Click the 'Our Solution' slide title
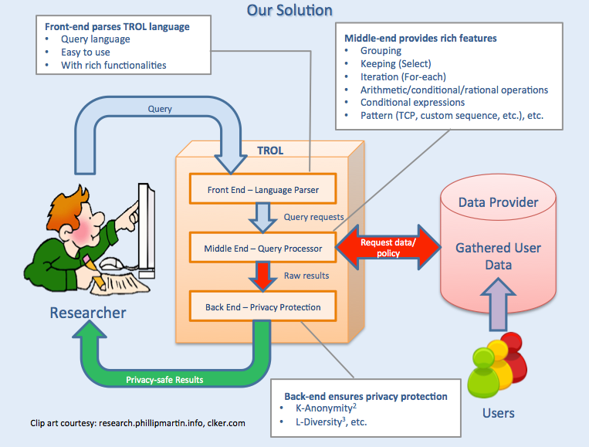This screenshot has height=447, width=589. pyautogui.click(x=289, y=10)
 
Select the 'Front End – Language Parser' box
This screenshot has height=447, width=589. pyautogui.click(x=262, y=189)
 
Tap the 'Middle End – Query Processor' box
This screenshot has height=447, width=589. pyautogui.click(x=262, y=248)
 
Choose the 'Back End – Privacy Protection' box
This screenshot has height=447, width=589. pyautogui.click(x=262, y=306)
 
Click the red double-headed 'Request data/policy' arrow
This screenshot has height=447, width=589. pyautogui.click(x=388, y=248)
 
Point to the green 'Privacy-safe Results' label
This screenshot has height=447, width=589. pyautogui.click(x=164, y=380)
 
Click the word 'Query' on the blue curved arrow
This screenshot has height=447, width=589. pyautogui.click(x=160, y=109)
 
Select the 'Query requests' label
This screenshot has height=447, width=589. pyautogui.click(x=313, y=217)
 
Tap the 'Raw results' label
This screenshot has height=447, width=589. pyautogui.click(x=306, y=276)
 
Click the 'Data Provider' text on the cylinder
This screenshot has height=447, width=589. pyautogui.click(x=498, y=202)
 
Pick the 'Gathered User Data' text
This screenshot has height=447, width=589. pyautogui.click(x=498, y=256)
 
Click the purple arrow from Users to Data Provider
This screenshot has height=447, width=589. pyautogui.click(x=498, y=304)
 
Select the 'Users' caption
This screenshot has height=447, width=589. pyautogui.click(x=499, y=413)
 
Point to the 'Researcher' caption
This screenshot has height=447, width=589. pyautogui.click(x=88, y=313)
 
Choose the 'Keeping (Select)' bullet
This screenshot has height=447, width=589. pyautogui.click(x=395, y=64)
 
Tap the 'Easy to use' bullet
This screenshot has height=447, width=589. pyautogui.click(x=86, y=52)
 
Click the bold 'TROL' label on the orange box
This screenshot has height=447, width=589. pyautogui.click(x=270, y=151)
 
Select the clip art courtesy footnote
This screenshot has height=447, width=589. pyautogui.click(x=137, y=423)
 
